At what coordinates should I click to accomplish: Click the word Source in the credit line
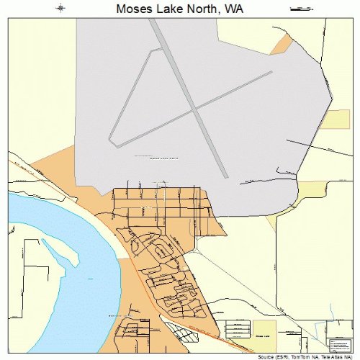(264, 356)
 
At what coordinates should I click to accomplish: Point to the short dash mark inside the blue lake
(90, 278)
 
